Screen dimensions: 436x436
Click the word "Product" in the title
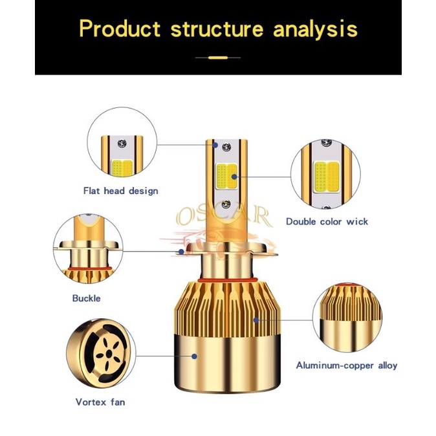click(x=120, y=28)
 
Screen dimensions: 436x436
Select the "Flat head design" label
click(x=121, y=191)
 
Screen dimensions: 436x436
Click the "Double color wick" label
click(x=327, y=222)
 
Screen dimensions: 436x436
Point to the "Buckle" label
click(x=86, y=298)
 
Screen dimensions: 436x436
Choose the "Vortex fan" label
click(x=100, y=402)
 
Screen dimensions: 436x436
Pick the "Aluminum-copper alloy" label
click(x=347, y=365)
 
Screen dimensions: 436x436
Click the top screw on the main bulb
click(x=226, y=146)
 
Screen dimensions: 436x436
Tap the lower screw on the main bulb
click(x=226, y=204)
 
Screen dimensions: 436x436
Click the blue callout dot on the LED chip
click(x=234, y=177)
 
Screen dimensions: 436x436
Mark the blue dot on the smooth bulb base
click(x=195, y=356)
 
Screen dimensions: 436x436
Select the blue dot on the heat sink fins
click(x=256, y=320)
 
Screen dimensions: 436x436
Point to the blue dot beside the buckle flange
click(x=181, y=252)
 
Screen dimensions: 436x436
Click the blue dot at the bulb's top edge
click(x=215, y=145)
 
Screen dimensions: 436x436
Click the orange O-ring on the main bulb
click(x=227, y=279)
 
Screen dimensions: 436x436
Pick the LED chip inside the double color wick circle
click(x=327, y=177)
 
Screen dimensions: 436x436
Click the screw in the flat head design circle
click(x=122, y=144)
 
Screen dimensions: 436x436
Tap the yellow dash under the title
click(x=218, y=58)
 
